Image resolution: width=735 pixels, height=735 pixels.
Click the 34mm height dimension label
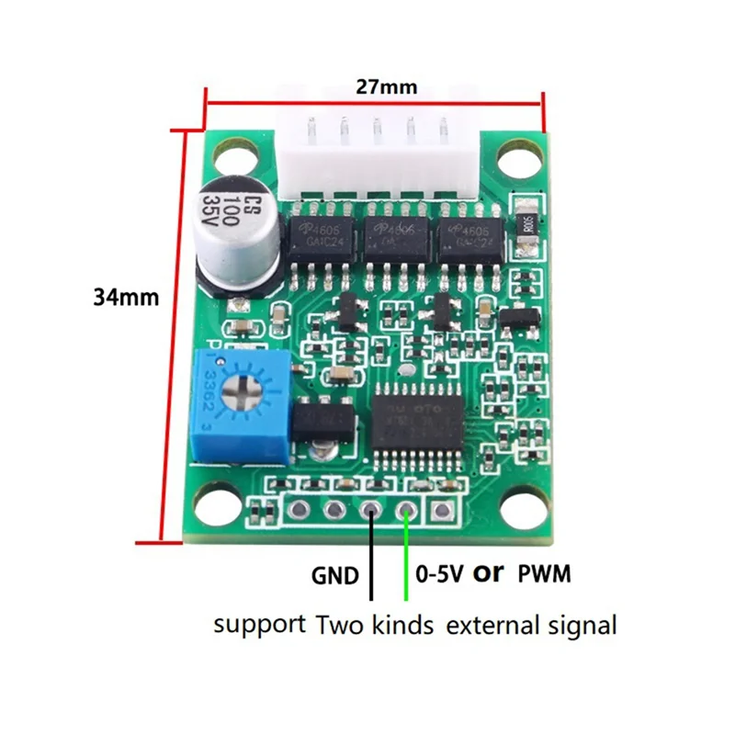[126, 298]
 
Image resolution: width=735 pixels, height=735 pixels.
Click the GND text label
[334, 576]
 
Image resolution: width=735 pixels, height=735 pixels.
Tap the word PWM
[545, 575]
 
